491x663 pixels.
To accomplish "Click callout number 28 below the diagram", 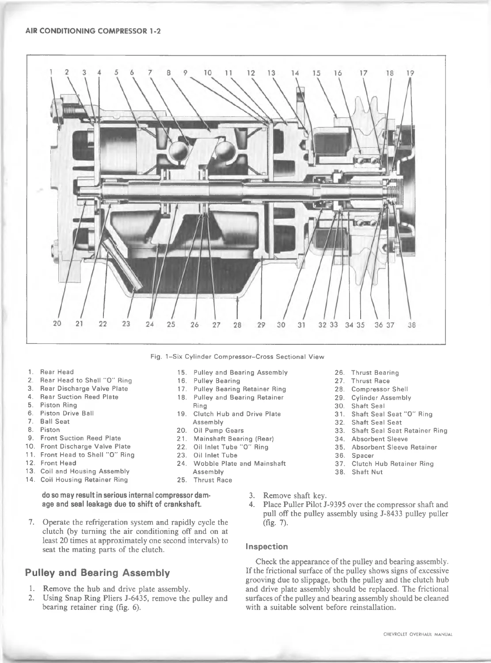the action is click(x=237, y=324).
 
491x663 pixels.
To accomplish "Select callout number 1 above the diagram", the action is click(x=51, y=72).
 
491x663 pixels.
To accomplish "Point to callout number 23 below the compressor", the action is click(x=126, y=324).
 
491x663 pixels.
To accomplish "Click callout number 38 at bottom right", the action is click(x=412, y=325).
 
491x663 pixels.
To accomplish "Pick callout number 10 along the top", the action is click(x=208, y=73).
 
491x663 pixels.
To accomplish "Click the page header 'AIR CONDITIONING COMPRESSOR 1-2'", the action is click(x=93, y=31).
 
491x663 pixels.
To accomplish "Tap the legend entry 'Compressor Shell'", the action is click(x=380, y=389).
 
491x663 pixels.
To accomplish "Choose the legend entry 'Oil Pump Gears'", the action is click(x=218, y=431).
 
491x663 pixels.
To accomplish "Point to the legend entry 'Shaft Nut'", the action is click(x=367, y=472).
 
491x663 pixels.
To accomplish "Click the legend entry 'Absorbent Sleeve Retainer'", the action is click(x=394, y=447).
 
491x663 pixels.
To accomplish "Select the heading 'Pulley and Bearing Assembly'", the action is click(x=97, y=573).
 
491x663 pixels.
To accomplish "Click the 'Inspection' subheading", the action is click(x=266, y=547).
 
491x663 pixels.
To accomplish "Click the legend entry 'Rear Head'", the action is click(x=57, y=372).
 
